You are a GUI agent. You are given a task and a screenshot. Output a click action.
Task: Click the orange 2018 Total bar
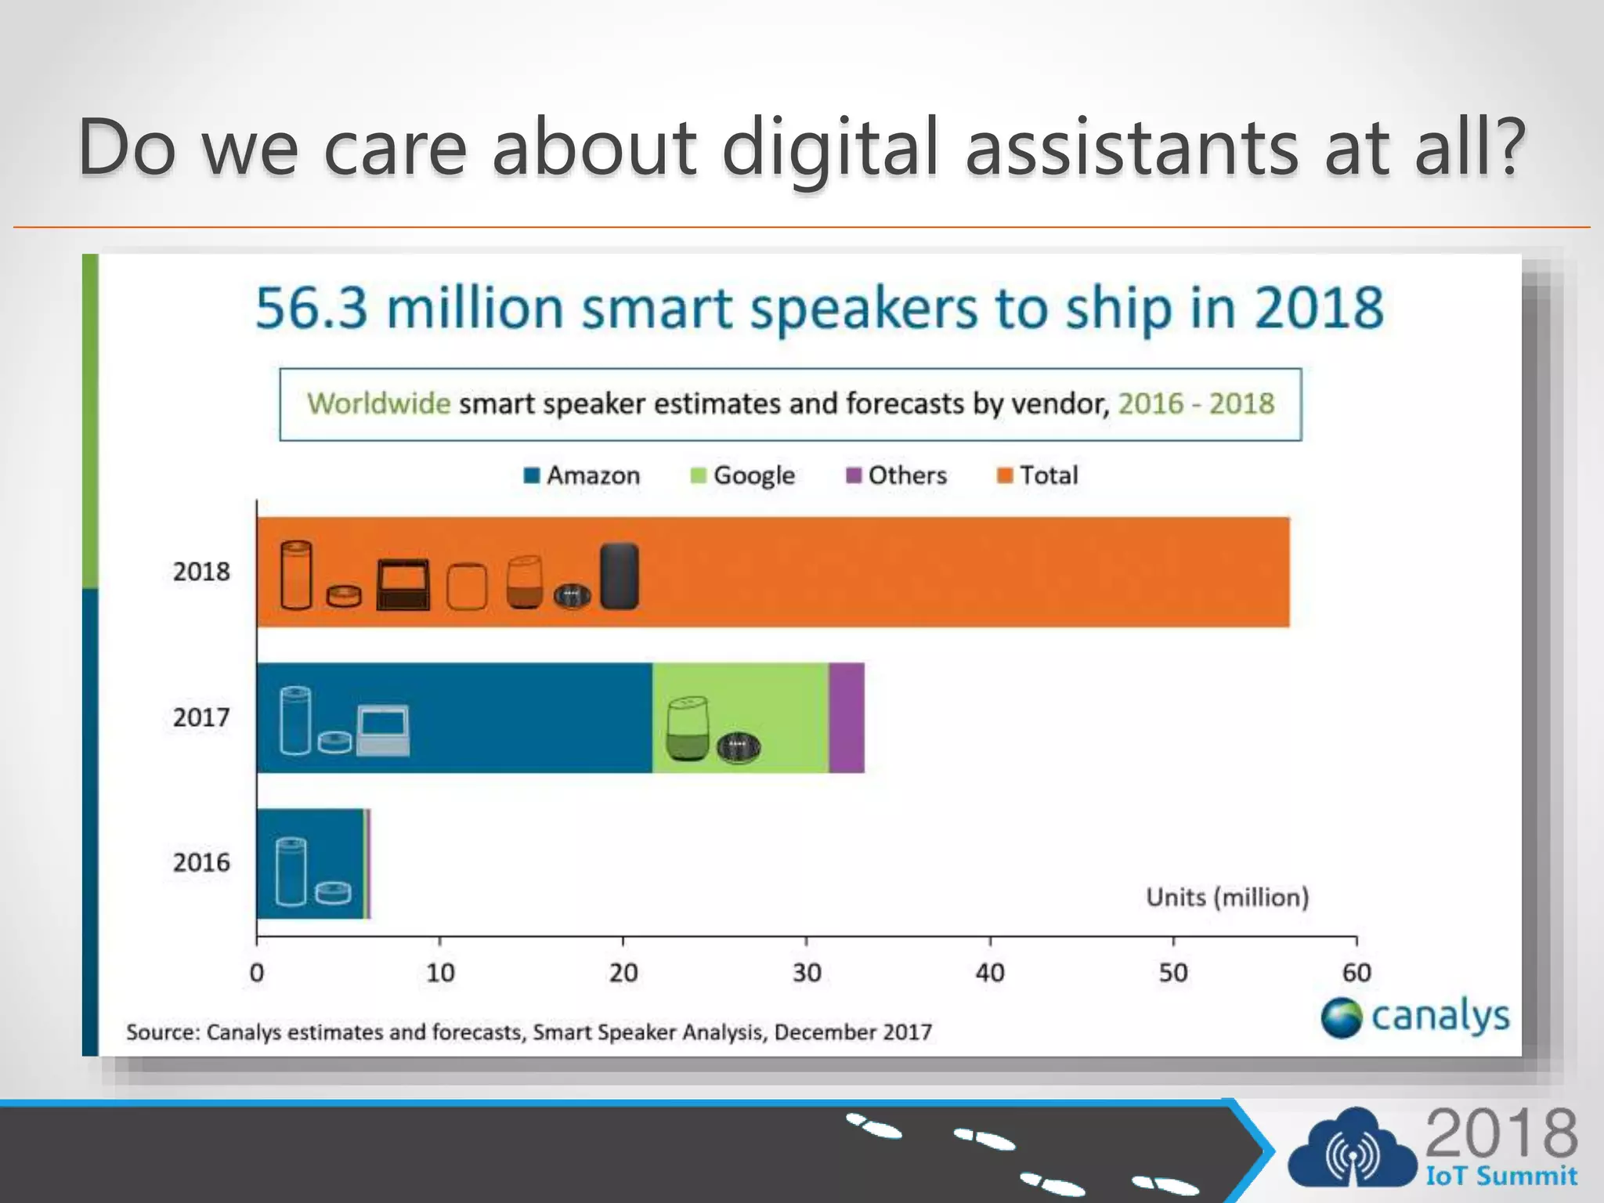940,572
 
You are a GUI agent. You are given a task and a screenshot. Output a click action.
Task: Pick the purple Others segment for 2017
847,717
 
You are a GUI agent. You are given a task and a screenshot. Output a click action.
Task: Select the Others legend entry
897,475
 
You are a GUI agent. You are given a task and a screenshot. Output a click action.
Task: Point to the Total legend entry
1038,475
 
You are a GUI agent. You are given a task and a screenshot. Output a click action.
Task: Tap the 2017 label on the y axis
201,717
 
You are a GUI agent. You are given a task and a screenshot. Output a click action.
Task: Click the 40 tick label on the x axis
990,973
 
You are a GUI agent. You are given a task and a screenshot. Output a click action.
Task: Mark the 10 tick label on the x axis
440,973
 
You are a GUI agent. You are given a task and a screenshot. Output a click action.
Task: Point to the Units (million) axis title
1227,897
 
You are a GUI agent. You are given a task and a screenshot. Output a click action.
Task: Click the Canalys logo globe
1341,1017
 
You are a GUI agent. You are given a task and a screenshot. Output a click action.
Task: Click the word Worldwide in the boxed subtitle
378,403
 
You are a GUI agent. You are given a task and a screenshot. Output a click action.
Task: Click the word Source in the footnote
162,1032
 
